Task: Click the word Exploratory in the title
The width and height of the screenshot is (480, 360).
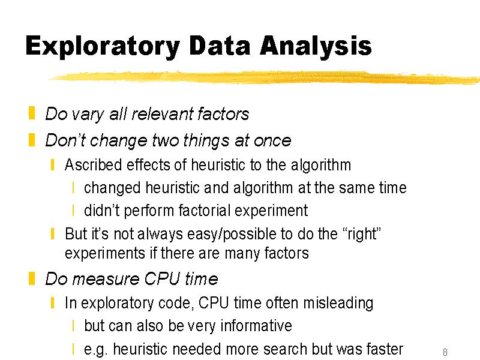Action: point(103,47)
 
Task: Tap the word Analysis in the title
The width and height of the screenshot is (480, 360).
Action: point(316,47)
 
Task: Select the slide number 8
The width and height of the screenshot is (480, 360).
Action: point(445,352)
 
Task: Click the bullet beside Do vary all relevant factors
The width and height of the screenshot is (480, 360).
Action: point(32,113)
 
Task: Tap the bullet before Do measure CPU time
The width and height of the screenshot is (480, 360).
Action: point(32,278)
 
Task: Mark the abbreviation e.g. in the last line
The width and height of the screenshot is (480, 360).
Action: point(97,349)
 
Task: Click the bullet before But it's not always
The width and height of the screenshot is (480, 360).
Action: point(53,234)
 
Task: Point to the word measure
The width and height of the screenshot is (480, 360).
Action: point(107,279)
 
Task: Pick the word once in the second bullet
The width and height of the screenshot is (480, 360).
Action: point(272,141)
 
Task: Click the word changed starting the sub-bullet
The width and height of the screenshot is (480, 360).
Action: point(112,188)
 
